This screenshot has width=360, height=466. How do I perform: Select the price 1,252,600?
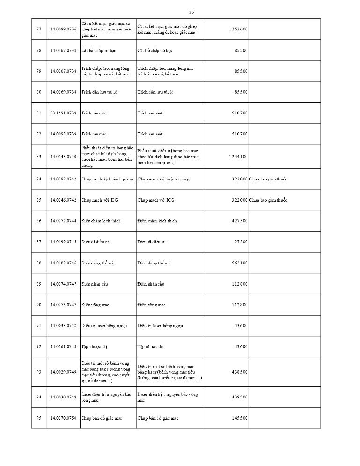238,29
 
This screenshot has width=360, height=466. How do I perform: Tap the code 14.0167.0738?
63,50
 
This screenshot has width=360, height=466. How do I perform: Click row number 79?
39,71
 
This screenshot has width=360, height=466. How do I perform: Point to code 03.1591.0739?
63,113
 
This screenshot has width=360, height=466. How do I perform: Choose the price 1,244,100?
238,157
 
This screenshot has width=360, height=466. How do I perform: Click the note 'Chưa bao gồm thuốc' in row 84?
268,179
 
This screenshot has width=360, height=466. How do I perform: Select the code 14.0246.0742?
63,200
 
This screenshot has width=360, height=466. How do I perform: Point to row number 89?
39,284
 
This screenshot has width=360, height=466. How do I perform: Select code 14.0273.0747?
63,305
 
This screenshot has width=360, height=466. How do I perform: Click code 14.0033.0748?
63,326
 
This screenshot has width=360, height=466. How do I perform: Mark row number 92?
39,346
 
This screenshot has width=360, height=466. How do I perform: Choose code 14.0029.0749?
63,372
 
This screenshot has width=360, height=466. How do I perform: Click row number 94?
39,397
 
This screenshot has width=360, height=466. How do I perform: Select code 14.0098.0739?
63,134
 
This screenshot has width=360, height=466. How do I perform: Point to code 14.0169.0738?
63,92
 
